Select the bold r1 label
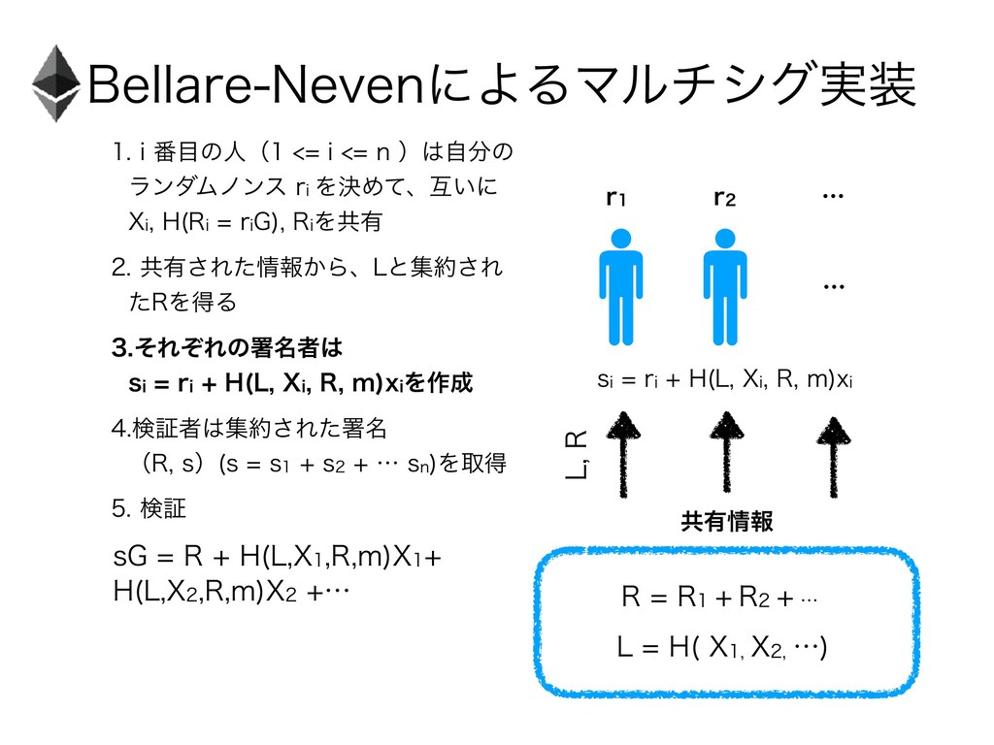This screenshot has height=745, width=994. [x=614, y=199]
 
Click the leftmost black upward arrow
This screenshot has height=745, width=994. [x=622, y=452]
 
